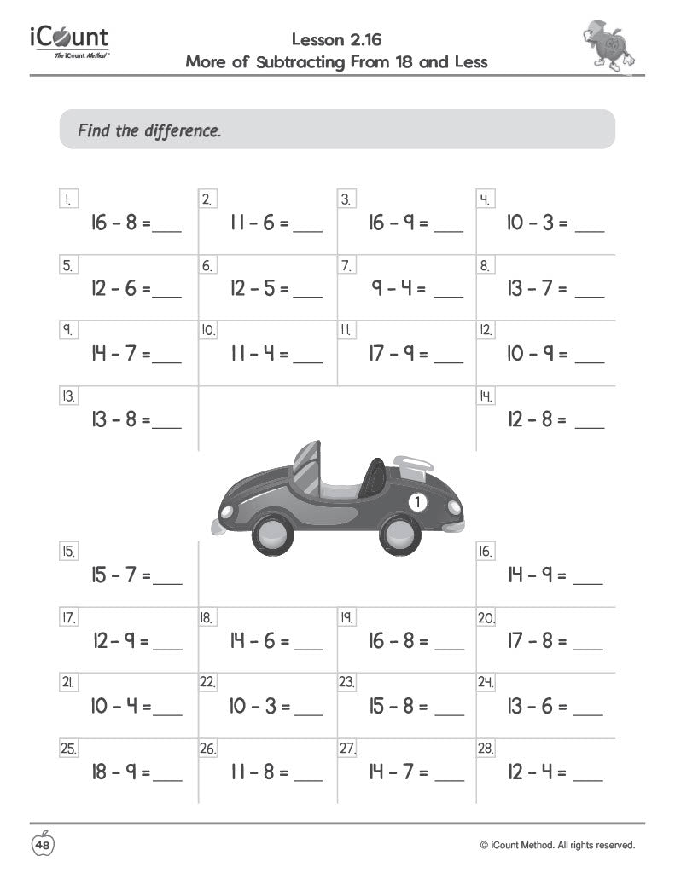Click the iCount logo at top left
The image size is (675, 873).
coord(70,41)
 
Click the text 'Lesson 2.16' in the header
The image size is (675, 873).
coord(336,39)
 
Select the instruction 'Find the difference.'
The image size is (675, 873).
coord(149,131)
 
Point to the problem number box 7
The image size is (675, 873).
coord(346,266)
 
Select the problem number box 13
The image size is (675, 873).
coord(68,396)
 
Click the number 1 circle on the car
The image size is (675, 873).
coord(417,502)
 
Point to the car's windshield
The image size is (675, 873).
coord(306,465)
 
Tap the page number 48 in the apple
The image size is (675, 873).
coord(43,845)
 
